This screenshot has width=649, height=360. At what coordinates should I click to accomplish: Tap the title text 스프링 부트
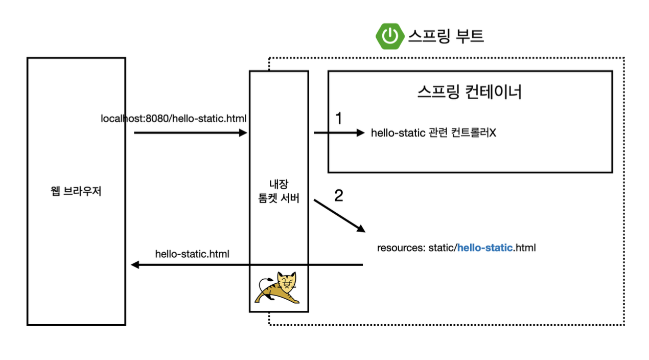[446, 36]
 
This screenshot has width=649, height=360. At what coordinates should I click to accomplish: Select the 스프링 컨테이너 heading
[469, 92]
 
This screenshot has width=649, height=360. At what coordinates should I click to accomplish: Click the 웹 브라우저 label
[76, 192]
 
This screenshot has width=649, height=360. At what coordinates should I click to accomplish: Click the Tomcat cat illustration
[279, 288]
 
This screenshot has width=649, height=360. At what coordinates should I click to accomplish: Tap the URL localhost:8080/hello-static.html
[174, 119]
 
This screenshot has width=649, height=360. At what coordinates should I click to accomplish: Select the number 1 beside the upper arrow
[338, 119]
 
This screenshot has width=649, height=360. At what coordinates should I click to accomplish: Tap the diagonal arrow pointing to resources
[339, 215]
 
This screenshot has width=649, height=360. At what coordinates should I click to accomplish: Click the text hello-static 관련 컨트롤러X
[433, 133]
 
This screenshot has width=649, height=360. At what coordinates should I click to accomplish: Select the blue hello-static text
[484, 249]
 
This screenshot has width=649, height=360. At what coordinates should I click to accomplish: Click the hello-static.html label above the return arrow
[192, 254]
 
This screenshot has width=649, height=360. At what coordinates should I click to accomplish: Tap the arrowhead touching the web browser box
[135, 265]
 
